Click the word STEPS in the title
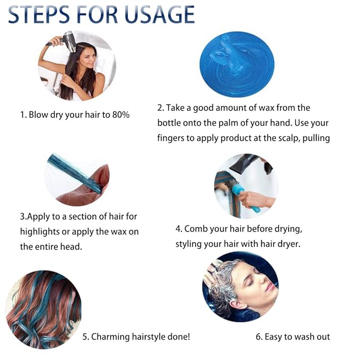[x=38, y=15]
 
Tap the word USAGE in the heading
[x=160, y=15]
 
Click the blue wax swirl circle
[x=237, y=65]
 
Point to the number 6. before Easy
[x=259, y=337]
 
